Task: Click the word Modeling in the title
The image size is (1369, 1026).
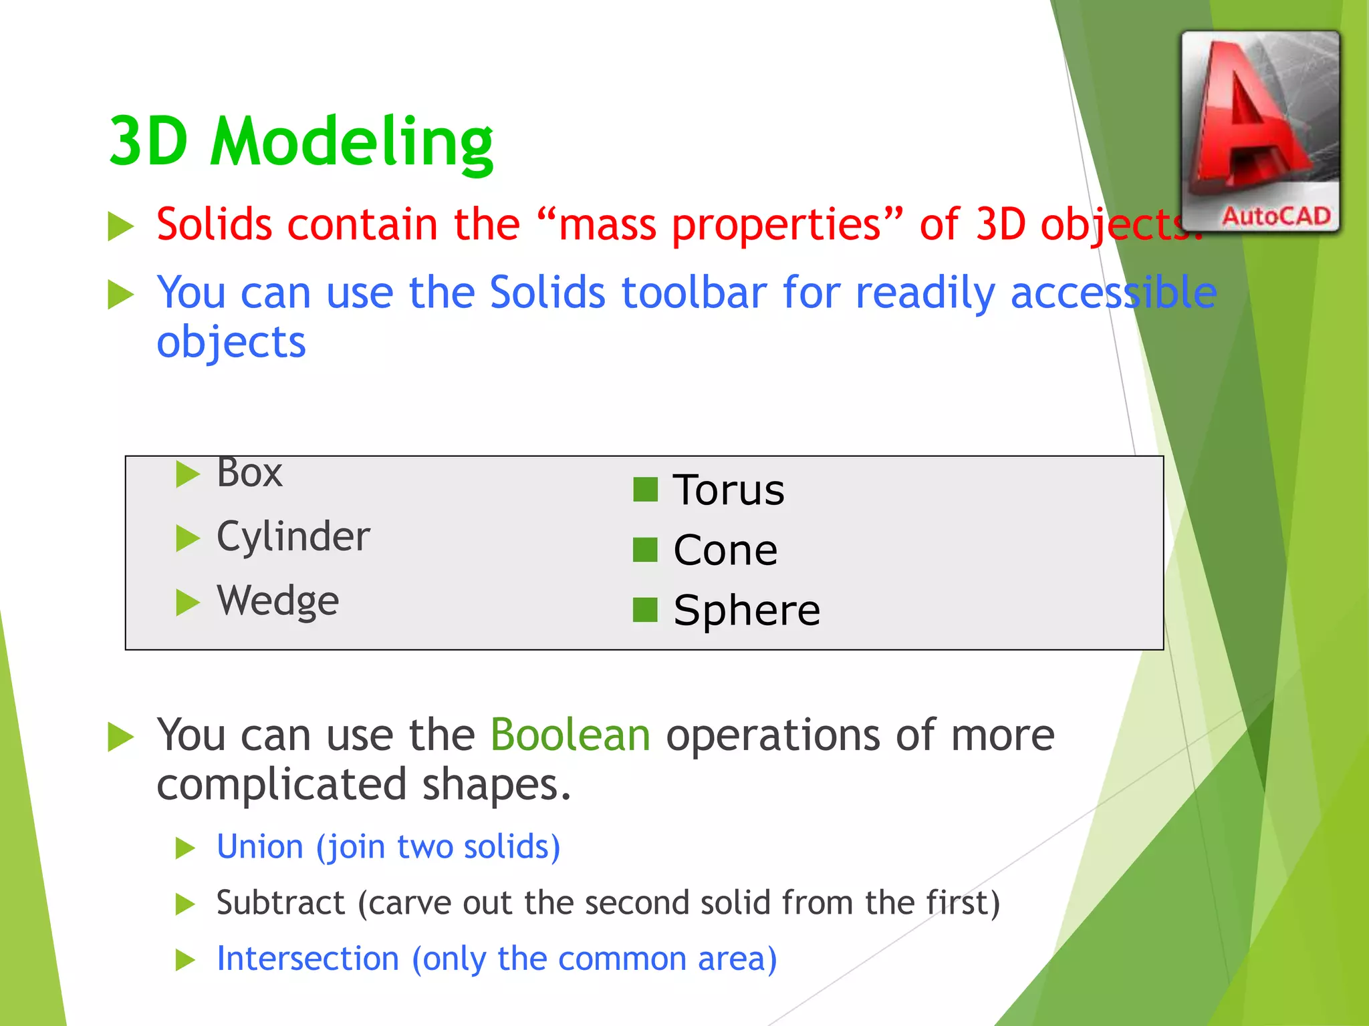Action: [x=352, y=142]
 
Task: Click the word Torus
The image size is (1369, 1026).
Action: [x=728, y=490]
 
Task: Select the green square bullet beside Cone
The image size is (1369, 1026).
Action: [x=645, y=550]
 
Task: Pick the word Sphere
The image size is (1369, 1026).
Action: [x=746, y=611]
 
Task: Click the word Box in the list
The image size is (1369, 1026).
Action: [x=249, y=474]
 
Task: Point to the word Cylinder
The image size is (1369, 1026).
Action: [x=293, y=537]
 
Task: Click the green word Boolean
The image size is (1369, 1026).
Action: [x=570, y=735]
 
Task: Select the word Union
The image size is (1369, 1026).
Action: [x=260, y=847]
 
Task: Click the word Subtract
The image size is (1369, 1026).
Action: [x=281, y=903]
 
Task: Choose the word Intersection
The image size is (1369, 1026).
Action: [x=307, y=959]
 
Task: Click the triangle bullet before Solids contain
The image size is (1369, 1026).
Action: [x=120, y=226]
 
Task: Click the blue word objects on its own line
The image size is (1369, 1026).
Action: [x=231, y=342]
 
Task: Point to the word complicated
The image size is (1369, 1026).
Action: [x=281, y=785]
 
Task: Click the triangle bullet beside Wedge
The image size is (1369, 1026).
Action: [x=187, y=603]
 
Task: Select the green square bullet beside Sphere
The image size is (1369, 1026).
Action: [x=645, y=610]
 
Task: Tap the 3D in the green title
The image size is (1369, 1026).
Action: [x=148, y=142]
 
